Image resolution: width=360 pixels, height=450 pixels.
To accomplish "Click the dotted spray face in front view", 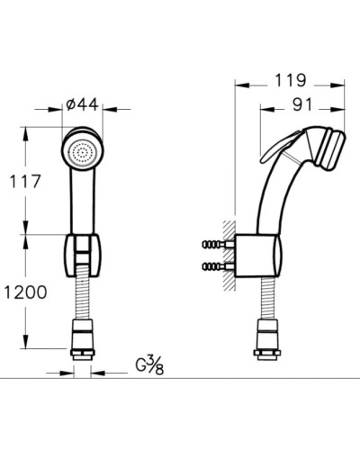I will pos(85,152).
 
